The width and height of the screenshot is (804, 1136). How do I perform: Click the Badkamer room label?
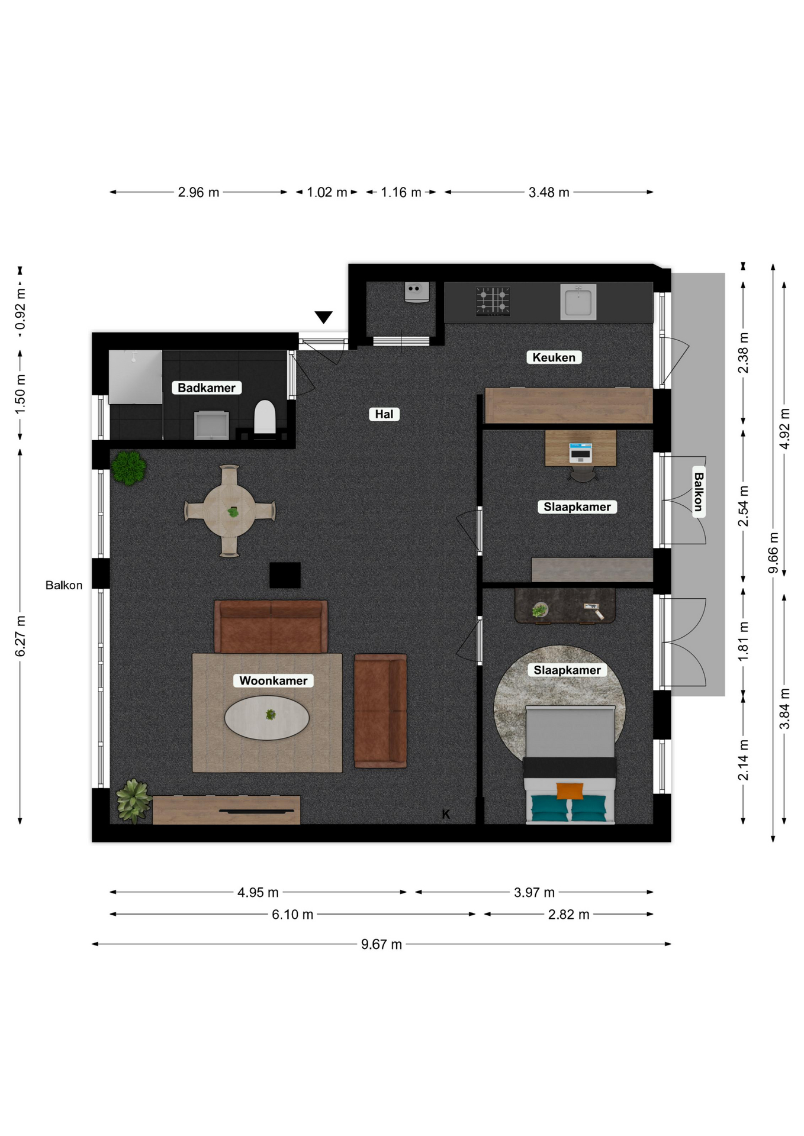pyautogui.click(x=206, y=388)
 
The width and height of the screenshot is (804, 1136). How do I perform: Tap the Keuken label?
pyautogui.click(x=554, y=357)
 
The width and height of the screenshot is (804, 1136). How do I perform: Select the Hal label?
pyautogui.click(x=384, y=414)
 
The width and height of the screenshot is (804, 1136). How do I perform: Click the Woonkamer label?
pyautogui.click(x=273, y=680)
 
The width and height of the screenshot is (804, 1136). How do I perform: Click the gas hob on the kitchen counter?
pyautogui.click(x=493, y=300)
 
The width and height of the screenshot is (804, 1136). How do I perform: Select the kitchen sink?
pyautogui.click(x=578, y=302)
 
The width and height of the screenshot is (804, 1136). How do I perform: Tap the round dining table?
pyautogui.click(x=230, y=511)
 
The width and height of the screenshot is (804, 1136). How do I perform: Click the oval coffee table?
pyautogui.click(x=266, y=717)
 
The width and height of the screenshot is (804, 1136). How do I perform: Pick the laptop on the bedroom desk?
pyautogui.click(x=580, y=452)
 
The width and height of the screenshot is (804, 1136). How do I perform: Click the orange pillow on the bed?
pyautogui.click(x=570, y=790)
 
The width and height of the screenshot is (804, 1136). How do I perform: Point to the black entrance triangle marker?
pyautogui.click(x=323, y=317)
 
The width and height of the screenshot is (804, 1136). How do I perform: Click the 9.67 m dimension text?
pyautogui.click(x=381, y=944)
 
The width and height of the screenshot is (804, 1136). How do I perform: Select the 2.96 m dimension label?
pyautogui.click(x=198, y=192)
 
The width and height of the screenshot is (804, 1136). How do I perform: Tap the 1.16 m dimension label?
pyautogui.click(x=401, y=192)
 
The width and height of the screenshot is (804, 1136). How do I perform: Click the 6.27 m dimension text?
pyautogui.click(x=20, y=636)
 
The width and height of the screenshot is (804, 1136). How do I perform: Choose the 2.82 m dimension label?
pyautogui.click(x=568, y=914)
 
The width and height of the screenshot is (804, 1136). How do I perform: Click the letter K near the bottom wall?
pyautogui.click(x=446, y=814)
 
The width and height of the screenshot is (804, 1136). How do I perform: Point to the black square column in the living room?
pyautogui.click(x=285, y=575)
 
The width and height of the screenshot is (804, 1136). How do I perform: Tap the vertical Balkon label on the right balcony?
pyautogui.click(x=699, y=492)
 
